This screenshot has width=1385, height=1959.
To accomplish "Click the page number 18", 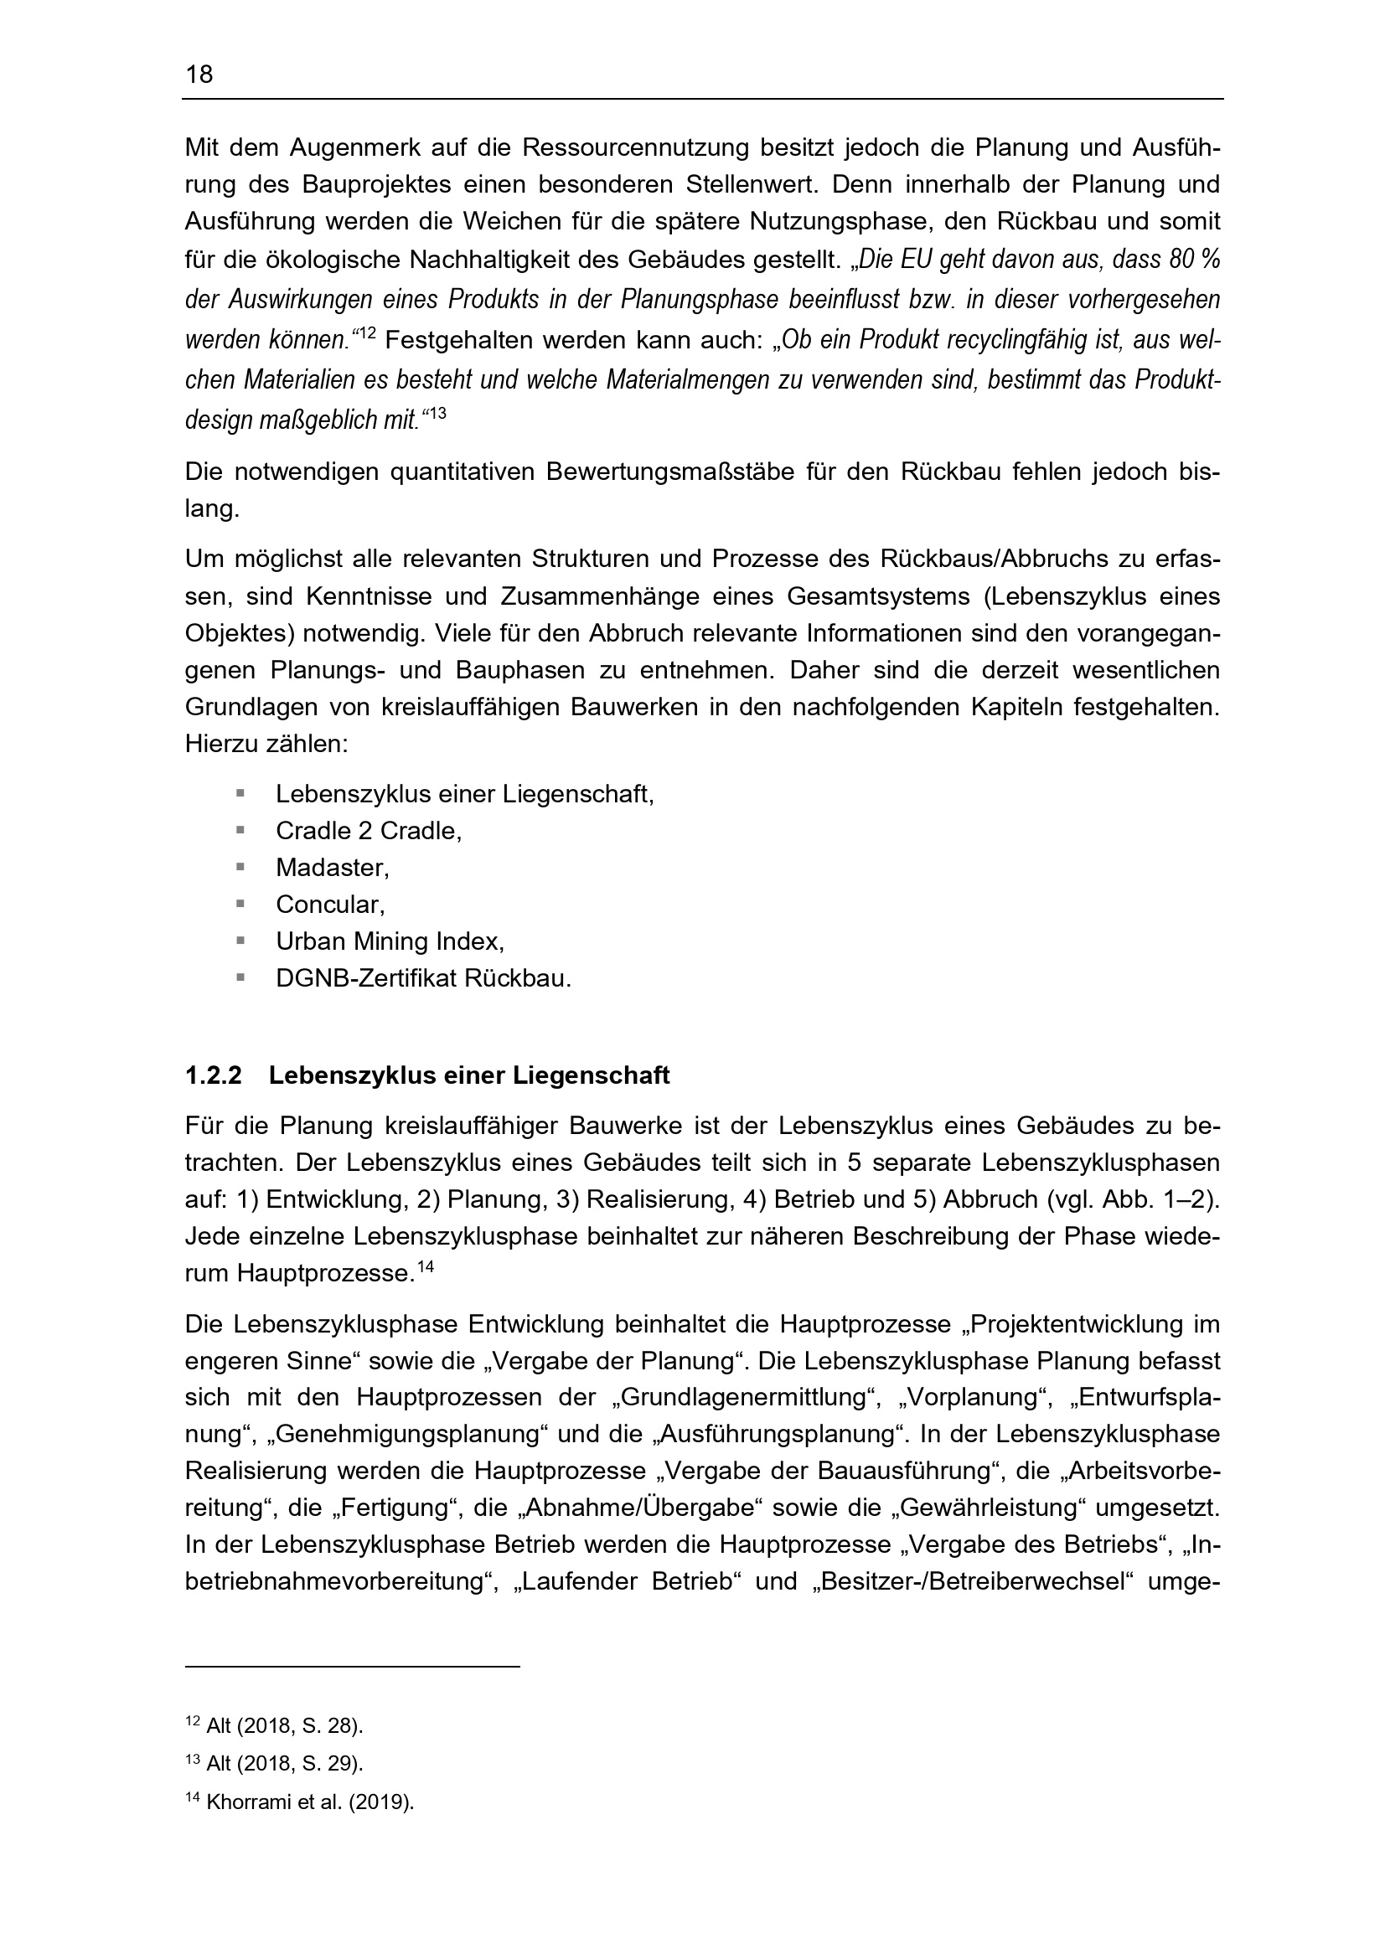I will point(199,75).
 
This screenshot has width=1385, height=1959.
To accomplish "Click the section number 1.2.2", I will point(214,1076).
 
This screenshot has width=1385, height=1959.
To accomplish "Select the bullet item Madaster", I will point(332,868).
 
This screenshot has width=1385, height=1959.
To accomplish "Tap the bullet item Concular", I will point(330,905).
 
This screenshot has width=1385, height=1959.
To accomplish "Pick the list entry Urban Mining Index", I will point(390,941).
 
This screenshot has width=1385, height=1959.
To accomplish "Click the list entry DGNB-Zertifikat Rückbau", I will point(423,977).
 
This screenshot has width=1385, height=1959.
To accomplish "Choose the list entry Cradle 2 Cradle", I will point(369,831).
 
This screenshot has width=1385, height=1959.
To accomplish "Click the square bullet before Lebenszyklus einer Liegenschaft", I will point(240,793).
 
